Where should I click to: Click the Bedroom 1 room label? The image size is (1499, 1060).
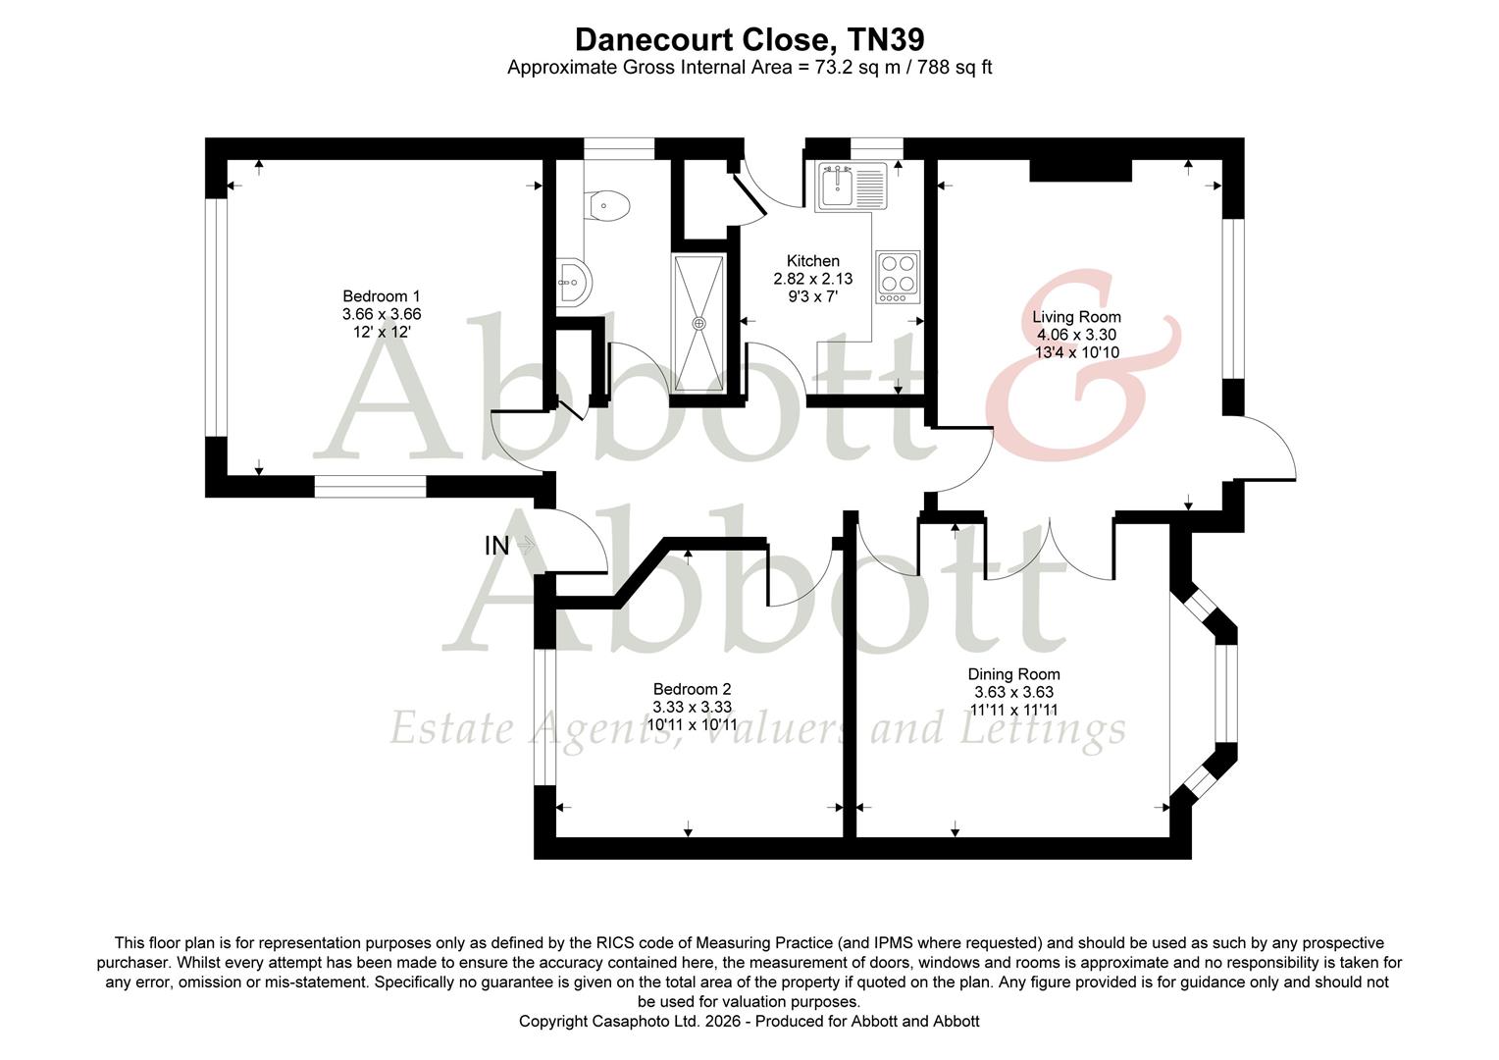pos(382,296)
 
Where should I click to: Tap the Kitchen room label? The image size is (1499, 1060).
pos(812,261)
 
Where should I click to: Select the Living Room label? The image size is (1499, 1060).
pos(1076,317)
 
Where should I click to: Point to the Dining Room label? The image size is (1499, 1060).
pos(1013,674)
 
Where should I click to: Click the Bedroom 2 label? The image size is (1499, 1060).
pos(692,690)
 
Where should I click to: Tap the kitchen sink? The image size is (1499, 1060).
pos(838,185)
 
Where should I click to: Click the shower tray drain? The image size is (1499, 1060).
pos(699,323)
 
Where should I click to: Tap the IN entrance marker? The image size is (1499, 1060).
pos(497,546)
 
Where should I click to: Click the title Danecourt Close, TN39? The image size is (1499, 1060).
pos(749,39)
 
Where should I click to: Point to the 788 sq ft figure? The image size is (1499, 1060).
pos(956,68)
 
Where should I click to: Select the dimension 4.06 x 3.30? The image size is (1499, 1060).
pos(1076,335)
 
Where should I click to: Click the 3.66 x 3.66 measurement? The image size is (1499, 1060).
pos(382,314)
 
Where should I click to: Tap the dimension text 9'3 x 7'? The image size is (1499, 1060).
pos(812,296)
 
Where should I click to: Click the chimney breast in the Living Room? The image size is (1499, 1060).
pos(1080,171)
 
